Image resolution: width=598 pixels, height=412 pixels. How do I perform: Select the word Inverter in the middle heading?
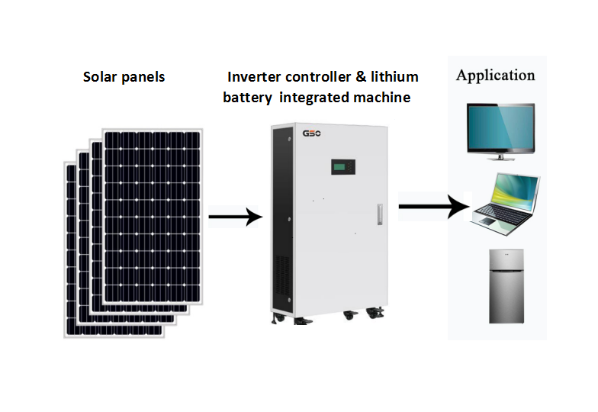(255, 77)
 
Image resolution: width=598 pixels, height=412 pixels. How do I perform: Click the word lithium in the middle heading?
(394, 77)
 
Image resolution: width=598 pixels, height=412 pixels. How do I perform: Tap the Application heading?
(495, 75)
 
